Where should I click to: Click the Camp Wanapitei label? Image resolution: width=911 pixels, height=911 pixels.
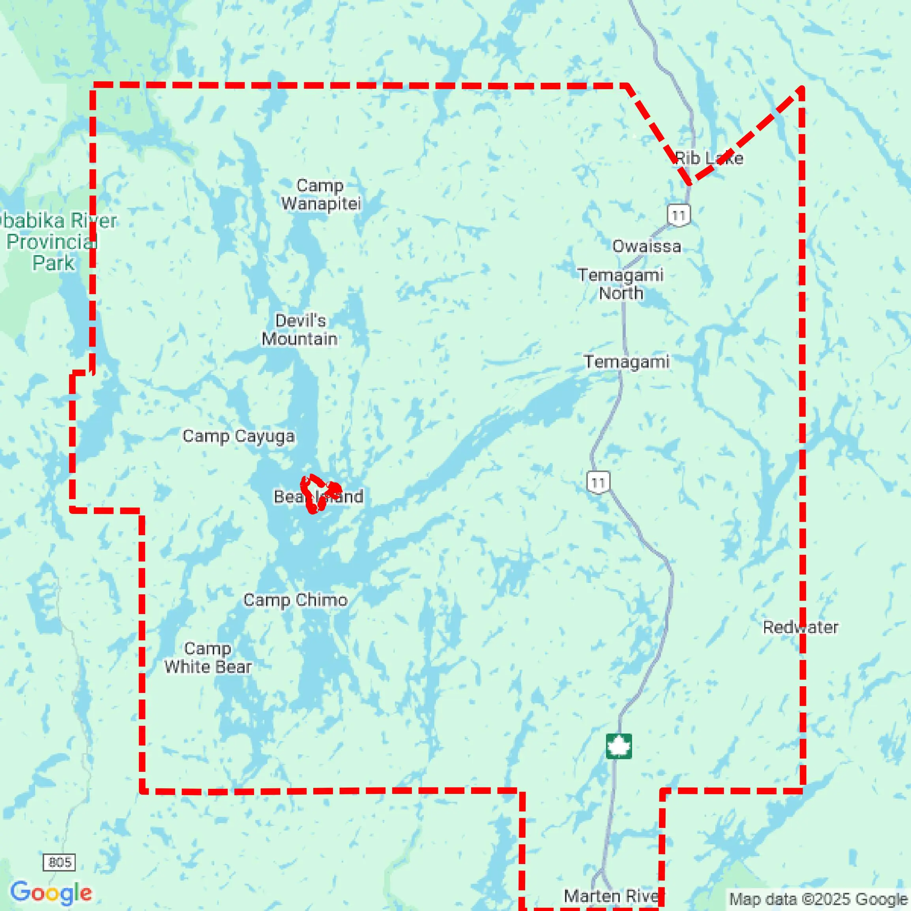coord(321,195)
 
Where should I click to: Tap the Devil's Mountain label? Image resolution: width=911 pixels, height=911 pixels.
coord(300,330)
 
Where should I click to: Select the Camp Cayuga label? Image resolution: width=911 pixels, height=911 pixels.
coord(239,436)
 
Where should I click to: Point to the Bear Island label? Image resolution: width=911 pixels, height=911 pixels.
coord(318,497)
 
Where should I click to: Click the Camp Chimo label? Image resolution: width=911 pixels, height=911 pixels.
coord(296,600)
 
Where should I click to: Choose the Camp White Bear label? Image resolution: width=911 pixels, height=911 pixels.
coord(208,658)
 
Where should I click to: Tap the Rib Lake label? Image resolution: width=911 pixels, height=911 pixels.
coord(709,159)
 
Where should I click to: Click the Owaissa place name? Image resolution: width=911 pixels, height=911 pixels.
coord(646,246)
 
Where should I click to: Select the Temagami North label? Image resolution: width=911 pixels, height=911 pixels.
coord(621,284)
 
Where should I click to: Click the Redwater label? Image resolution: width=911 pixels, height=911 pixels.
coord(800,627)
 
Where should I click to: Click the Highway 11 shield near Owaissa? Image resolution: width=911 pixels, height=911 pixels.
coord(678,215)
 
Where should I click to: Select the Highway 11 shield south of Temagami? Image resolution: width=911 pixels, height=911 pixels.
coord(598,482)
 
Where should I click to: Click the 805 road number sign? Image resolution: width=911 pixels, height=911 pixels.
coord(60,862)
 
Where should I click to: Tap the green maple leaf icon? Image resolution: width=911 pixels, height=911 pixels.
coord(619,746)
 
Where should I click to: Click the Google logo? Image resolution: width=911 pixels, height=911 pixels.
coord(51,892)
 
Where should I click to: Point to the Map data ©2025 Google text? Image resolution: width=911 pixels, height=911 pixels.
coord(819,899)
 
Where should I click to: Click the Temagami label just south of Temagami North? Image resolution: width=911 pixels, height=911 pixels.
coord(627,362)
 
